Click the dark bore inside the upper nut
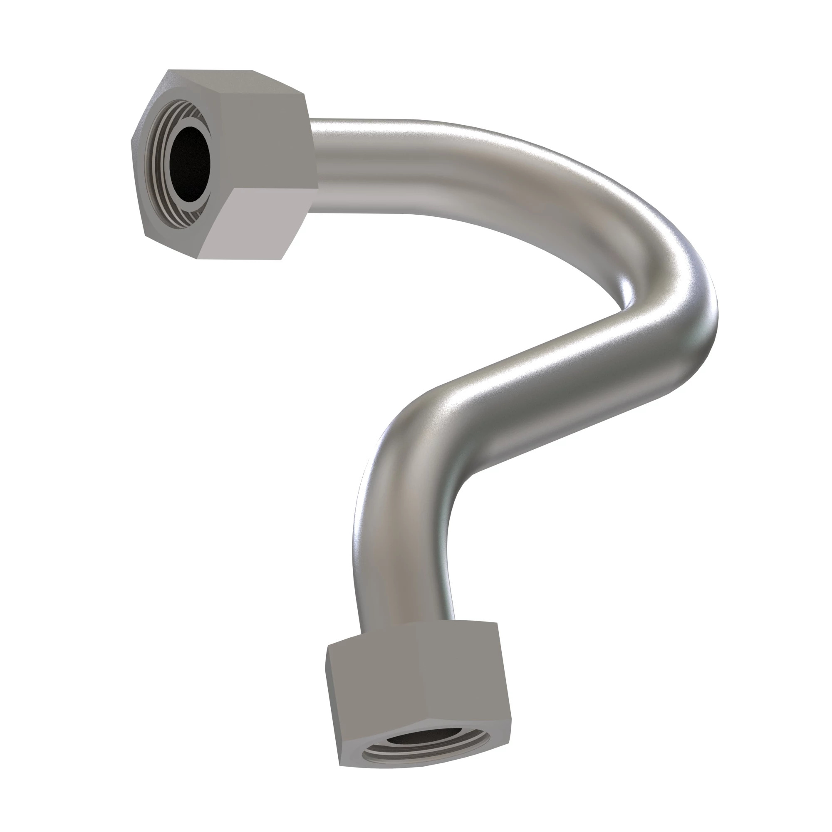point(189,163)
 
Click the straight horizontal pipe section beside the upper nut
point(366,166)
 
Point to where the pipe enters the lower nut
point(407,633)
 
